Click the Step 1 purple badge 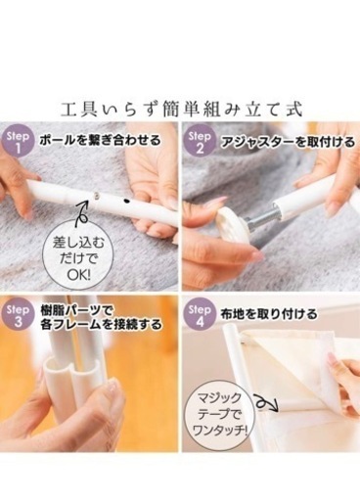[x=18, y=142]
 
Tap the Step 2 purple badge [x=200, y=142]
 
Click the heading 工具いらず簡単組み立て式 [x=182, y=110]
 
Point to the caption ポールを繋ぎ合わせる [x=101, y=141]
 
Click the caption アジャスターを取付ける [x=288, y=142]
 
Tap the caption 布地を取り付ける [x=269, y=314]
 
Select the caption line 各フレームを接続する [x=101, y=324]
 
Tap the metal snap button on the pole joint [x=97, y=195]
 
